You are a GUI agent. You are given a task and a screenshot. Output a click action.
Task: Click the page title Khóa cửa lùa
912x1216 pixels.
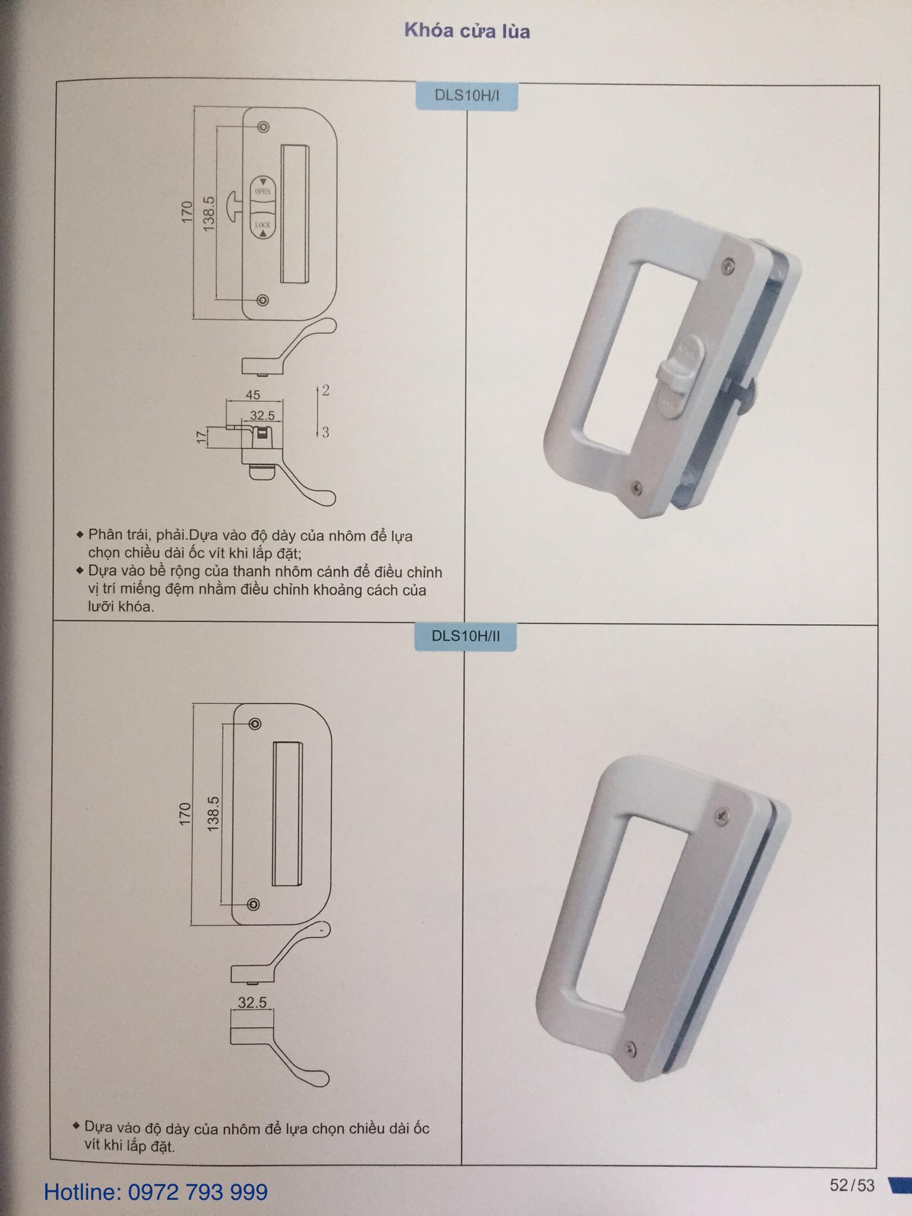tap(467, 31)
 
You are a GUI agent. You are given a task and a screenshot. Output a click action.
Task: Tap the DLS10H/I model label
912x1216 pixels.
tap(467, 96)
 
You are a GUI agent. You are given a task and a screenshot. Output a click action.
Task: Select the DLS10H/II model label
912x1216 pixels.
tap(465, 636)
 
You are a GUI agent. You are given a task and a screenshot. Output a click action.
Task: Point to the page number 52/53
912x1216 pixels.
tap(852, 1185)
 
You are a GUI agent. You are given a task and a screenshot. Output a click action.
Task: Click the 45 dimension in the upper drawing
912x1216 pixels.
tap(252, 395)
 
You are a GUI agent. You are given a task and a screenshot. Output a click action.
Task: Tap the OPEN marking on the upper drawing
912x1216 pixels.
tap(262, 191)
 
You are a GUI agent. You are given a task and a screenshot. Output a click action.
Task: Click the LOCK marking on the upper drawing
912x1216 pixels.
tap(262, 225)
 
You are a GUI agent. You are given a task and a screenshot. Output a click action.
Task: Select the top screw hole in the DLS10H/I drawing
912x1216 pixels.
tap(263, 127)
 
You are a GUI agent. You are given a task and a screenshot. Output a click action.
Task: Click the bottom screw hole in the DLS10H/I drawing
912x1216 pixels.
tap(262, 300)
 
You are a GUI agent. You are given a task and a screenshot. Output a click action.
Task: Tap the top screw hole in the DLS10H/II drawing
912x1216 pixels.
tap(255, 724)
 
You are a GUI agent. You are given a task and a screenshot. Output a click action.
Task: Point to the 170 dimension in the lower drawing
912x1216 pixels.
tap(185, 813)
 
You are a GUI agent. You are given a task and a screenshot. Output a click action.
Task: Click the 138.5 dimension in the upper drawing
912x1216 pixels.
tap(208, 214)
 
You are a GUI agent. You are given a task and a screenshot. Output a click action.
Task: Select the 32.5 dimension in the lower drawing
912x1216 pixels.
tap(252, 1002)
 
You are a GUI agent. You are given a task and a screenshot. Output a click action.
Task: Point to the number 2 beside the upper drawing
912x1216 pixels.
tap(325, 391)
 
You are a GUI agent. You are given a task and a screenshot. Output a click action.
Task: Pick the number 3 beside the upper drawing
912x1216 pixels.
tap(325, 432)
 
